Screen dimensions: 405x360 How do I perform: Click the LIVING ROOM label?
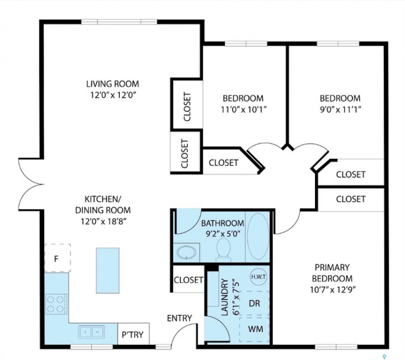[x=112, y=84]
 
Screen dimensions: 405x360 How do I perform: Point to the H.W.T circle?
[x=258, y=277]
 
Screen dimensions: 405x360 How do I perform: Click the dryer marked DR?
[x=254, y=303]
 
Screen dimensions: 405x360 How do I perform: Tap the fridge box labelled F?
[x=57, y=257]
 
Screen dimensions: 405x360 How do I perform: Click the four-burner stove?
[x=56, y=304]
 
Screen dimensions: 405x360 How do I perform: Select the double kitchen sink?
[x=91, y=331]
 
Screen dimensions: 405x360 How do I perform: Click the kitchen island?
[x=107, y=270]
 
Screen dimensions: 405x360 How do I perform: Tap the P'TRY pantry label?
[x=132, y=334]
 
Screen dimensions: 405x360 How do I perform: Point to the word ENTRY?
[x=179, y=318]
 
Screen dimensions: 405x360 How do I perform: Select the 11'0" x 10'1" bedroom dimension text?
[x=243, y=110]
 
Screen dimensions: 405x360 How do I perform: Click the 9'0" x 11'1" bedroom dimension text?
[x=340, y=110]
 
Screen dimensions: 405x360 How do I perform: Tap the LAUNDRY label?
[x=225, y=297]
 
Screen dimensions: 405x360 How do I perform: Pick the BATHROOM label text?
[x=222, y=223]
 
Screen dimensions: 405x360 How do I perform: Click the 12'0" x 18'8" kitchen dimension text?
[x=103, y=221]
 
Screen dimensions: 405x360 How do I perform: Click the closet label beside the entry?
[x=188, y=279]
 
